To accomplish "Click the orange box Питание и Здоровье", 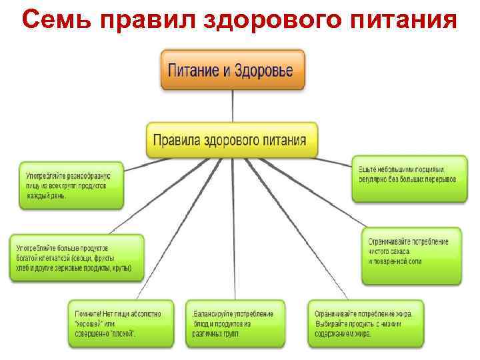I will [233, 70].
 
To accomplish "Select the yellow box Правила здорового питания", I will [232, 139].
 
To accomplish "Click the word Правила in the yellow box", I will [176, 140].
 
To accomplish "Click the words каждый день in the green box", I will [47, 197].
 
